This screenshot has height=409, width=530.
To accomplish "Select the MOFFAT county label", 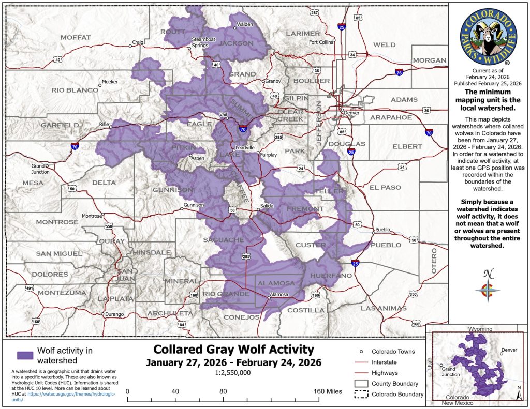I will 76,37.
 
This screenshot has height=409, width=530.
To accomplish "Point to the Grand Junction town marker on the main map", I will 47,166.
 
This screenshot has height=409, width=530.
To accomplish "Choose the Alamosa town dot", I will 268,297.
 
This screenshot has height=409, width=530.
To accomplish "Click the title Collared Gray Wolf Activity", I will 233,349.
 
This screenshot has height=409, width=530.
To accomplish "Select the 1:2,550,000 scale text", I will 233,372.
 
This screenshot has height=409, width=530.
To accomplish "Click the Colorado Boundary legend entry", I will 397,395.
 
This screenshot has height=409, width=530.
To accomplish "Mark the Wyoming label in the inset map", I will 480,329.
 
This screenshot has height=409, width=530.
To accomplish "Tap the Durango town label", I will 114,314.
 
